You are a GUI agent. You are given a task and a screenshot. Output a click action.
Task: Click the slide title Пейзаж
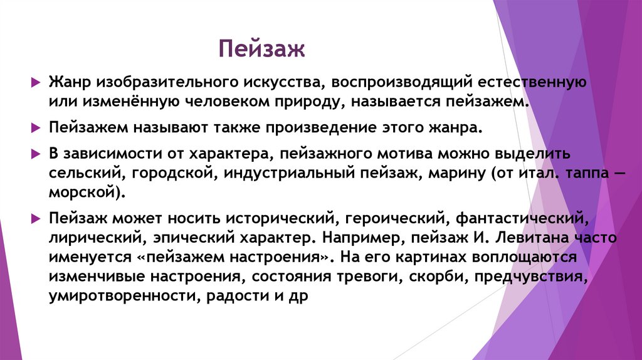point(261,48)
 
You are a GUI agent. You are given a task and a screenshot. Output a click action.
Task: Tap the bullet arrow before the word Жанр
point(36,83)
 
